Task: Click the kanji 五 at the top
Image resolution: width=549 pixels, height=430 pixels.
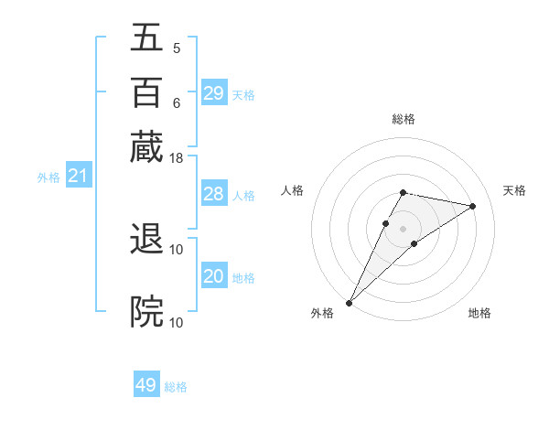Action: pyautogui.click(x=147, y=40)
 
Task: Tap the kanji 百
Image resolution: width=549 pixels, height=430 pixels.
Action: pyautogui.click(x=147, y=93)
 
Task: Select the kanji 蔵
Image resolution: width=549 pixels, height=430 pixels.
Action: pyautogui.click(x=147, y=146)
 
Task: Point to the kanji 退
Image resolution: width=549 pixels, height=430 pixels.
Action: pyautogui.click(x=147, y=240)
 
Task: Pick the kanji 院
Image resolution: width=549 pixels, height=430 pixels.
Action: pyautogui.click(x=147, y=311)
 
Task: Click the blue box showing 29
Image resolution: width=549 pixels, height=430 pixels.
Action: pyautogui.click(x=213, y=93)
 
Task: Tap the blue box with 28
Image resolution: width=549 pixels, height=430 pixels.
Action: pyautogui.click(x=213, y=194)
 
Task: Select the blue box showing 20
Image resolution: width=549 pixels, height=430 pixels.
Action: pyautogui.click(x=213, y=276)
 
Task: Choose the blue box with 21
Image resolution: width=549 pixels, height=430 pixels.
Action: pyautogui.click(x=78, y=176)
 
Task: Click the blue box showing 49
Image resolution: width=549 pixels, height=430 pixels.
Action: pyautogui.click(x=146, y=385)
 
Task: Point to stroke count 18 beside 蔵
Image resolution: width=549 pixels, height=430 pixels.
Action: pyautogui.click(x=177, y=158)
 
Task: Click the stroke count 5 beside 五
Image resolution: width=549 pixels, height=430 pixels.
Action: pyautogui.click(x=176, y=48)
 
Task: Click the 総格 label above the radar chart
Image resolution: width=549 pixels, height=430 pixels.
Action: pyautogui.click(x=403, y=120)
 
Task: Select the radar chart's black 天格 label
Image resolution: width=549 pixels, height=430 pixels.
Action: pyautogui.click(x=514, y=190)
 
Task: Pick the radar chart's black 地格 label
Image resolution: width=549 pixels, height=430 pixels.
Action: pyautogui.click(x=479, y=314)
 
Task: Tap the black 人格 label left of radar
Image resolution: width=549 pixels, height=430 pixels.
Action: pyautogui.click(x=293, y=190)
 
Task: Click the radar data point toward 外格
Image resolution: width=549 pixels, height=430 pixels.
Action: pyautogui.click(x=350, y=302)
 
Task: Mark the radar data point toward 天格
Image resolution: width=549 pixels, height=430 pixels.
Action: pyautogui.click(x=472, y=206)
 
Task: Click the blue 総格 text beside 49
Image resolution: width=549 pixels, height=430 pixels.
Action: pyautogui.click(x=176, y=387)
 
